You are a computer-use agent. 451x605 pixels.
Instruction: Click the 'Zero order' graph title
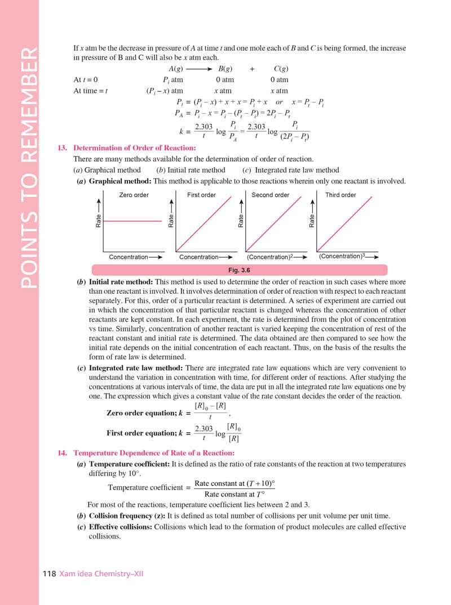click(x=134, y=195)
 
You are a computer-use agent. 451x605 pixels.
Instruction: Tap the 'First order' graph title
click(x=201, y=195)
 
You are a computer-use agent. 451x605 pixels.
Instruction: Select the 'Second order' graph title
click(x=271, y=195)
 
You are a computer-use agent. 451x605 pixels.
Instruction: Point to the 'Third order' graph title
click(x=341, y=195)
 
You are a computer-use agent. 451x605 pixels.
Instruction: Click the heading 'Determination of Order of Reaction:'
click(x=135, y=148)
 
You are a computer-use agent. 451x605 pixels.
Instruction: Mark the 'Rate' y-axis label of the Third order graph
click(x=311, y=221)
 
